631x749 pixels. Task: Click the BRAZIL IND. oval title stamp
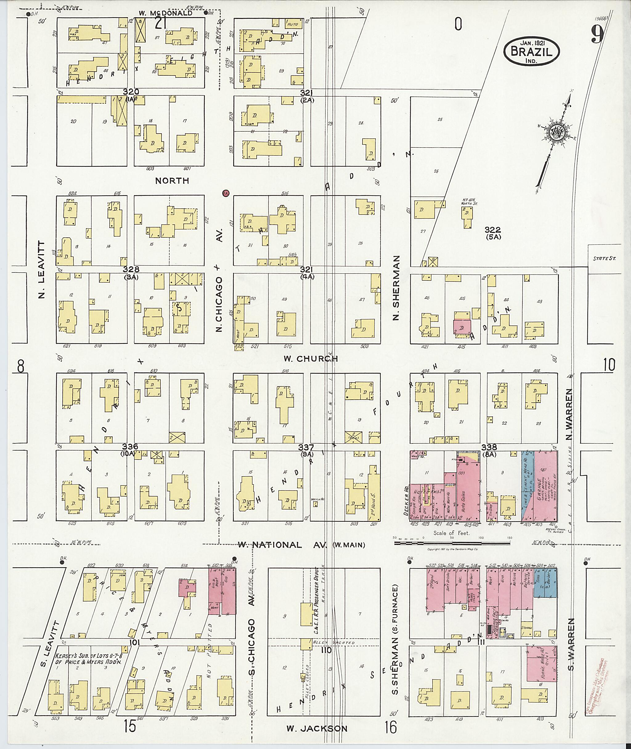click(x=531, y=51)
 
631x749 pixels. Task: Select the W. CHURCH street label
click(x=310, y=358)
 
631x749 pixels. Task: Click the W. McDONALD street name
click(x=166, y=13)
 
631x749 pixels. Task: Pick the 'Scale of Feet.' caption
click(x=451, y=533)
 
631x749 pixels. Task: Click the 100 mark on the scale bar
click(x=481, y=537)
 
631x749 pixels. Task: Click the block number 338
click(x=489, y=447)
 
